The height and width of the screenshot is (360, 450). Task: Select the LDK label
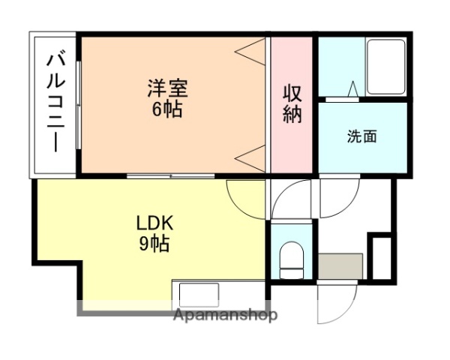154,223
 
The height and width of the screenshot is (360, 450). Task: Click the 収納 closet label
292,105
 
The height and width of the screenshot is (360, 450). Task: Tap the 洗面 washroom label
361,136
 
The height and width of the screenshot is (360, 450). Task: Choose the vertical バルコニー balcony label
55,102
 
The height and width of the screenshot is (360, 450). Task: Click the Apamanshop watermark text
225,315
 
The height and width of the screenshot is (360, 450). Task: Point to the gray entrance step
340,265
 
